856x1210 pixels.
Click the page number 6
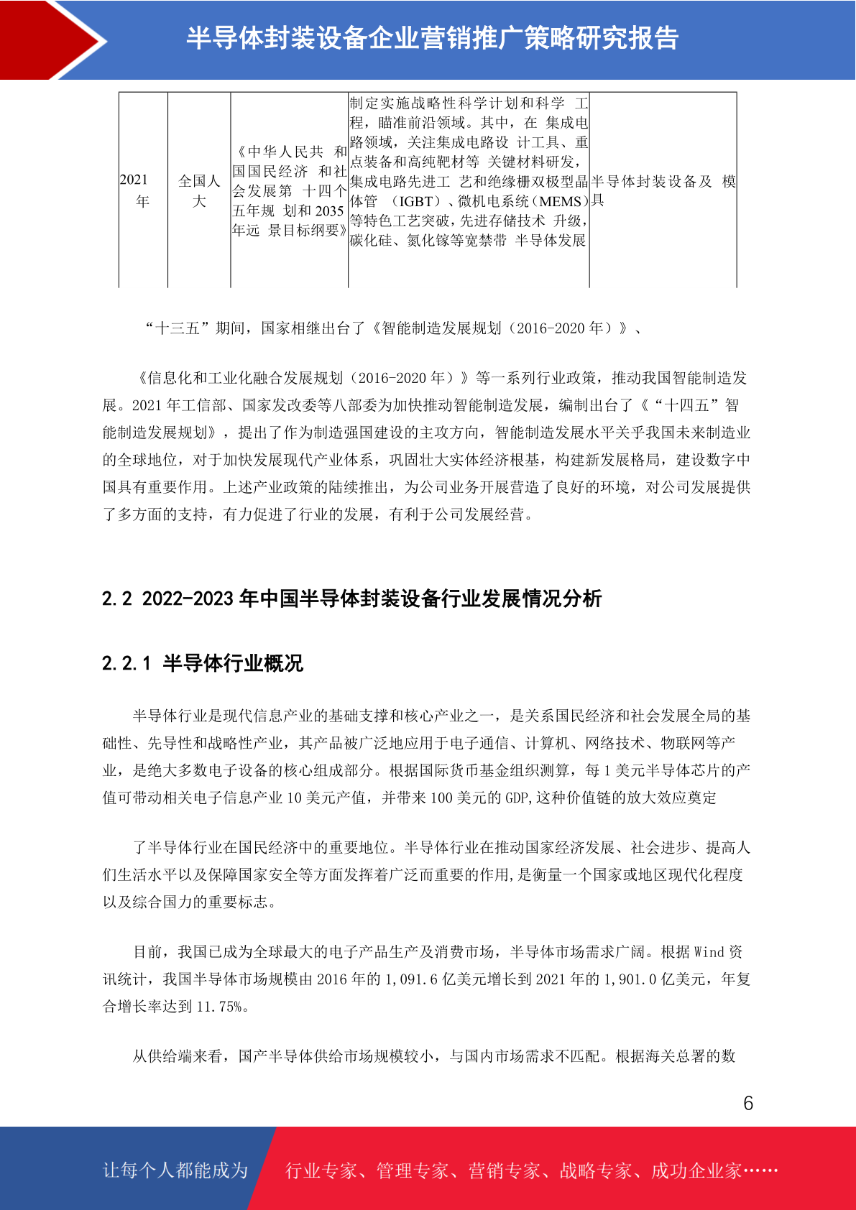747,1103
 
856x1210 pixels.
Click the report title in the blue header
432,38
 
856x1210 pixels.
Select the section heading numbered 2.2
351,599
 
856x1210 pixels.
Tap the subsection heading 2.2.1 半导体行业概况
203,662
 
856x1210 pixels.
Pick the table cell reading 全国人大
199,190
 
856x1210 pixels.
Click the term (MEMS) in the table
558,201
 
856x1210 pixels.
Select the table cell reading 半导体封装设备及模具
663,190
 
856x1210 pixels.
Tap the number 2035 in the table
329,211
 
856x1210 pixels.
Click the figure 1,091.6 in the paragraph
411,979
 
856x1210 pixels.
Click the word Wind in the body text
709,952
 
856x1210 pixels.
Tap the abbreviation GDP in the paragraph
517,798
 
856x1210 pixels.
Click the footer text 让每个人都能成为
175,1170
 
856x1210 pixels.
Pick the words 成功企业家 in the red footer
696,1170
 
